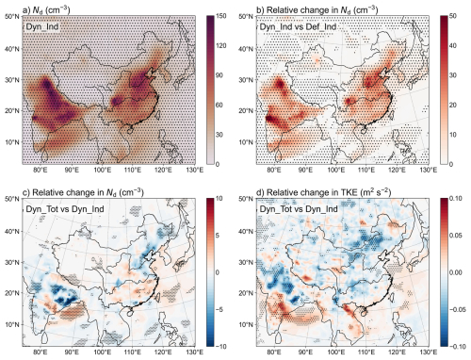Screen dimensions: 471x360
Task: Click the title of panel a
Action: click(x=46, y=9)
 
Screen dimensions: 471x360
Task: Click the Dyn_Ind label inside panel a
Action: click(x=42, y=26)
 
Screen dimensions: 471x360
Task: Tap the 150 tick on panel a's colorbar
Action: click(x=221, y=16)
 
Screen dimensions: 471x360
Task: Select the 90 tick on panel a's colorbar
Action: click(x=219, y=75)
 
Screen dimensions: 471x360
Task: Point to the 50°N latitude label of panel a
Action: click(x=12, y=16)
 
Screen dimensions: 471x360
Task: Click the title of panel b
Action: click(x=317, y=9)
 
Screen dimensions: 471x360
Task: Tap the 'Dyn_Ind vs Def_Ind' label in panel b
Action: click(x=298, y=26)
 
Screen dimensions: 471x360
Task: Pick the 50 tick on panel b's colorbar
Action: click(x=453, y=16)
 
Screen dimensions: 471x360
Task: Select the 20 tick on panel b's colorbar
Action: click(x=453, y=106)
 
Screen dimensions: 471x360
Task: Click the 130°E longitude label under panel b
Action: click(x=429, y=170)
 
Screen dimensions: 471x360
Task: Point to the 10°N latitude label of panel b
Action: click(x=246, y=142)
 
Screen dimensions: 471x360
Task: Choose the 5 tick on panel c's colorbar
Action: click(x=218, y=236)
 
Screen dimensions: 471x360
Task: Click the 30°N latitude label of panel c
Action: click(x=12, y=263)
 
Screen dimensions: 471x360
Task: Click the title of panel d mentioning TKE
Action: click(x=324, y=192)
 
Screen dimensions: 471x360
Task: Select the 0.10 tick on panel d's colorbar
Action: click(x=456, y=199)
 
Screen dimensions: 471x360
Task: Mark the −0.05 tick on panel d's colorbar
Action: click(x=457, y=310)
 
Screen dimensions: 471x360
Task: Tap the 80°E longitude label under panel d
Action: click(x=274, y=352)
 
